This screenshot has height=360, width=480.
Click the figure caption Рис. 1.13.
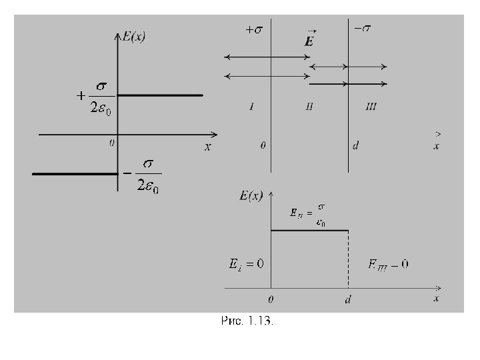247,321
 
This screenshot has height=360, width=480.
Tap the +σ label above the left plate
254,30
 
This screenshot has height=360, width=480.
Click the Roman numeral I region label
251,107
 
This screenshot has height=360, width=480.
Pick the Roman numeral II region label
309,107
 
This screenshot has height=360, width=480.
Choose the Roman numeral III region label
371,107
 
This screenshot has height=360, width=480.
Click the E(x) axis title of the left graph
133,37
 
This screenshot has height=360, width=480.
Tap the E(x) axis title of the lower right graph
250,195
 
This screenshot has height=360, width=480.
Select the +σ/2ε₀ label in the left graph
95,95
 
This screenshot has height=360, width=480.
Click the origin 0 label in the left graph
112,142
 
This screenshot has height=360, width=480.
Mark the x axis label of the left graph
207,147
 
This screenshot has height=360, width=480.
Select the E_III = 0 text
389,264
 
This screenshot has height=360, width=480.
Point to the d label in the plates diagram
356,145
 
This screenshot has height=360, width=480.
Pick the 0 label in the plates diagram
263,145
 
